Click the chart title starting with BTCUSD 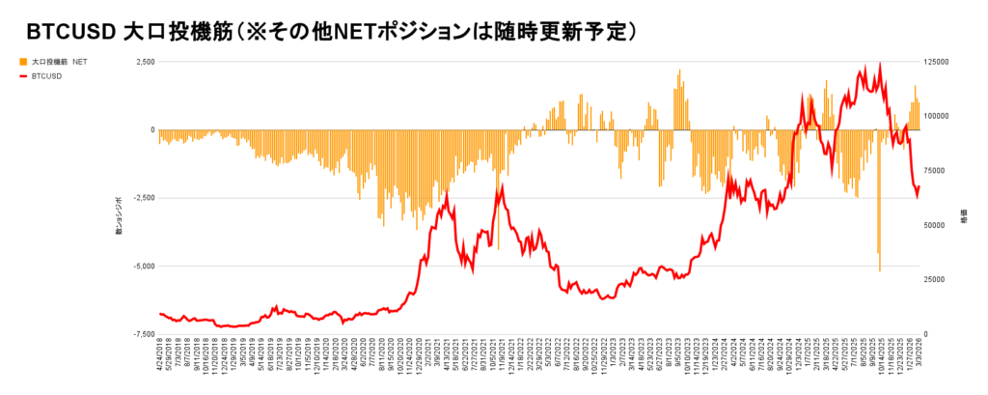329,31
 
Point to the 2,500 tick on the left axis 144,62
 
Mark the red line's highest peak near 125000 880,64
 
